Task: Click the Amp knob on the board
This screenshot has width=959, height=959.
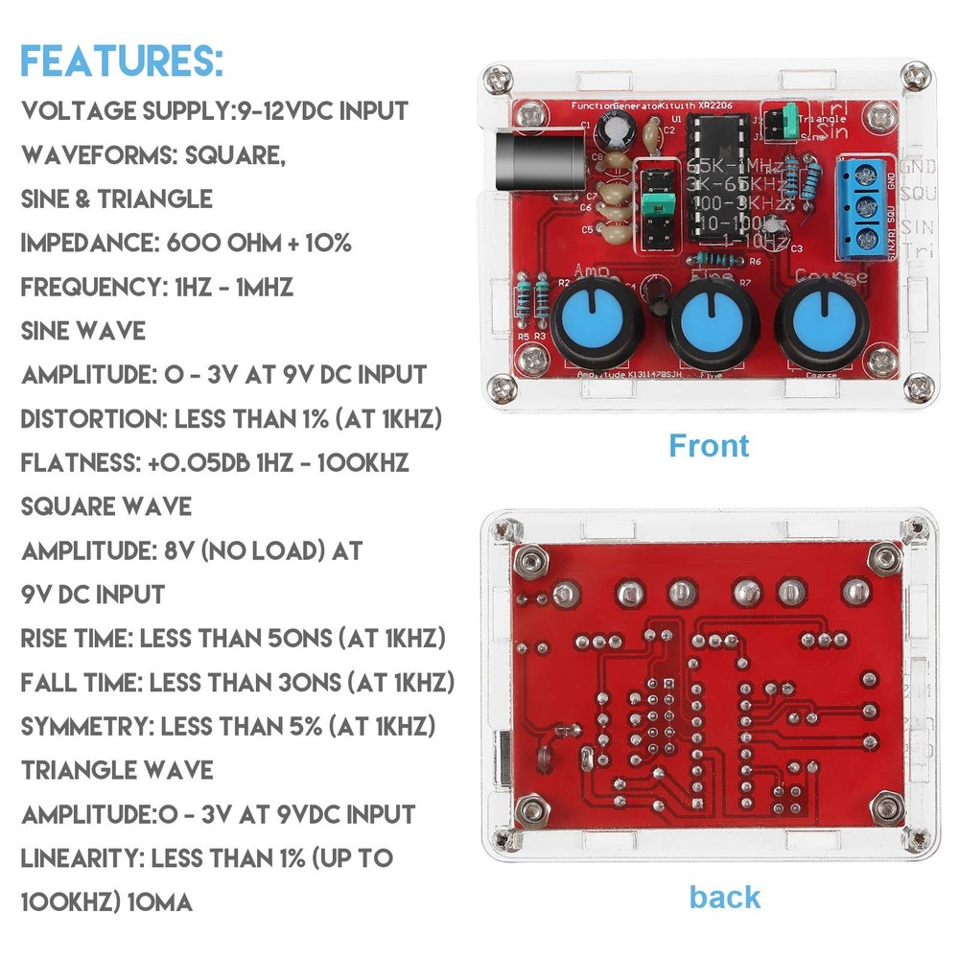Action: (591, 323)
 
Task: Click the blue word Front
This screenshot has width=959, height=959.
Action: (709, 446)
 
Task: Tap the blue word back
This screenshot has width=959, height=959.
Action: (724, 898)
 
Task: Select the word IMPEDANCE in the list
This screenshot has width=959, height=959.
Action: (82, 243)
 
